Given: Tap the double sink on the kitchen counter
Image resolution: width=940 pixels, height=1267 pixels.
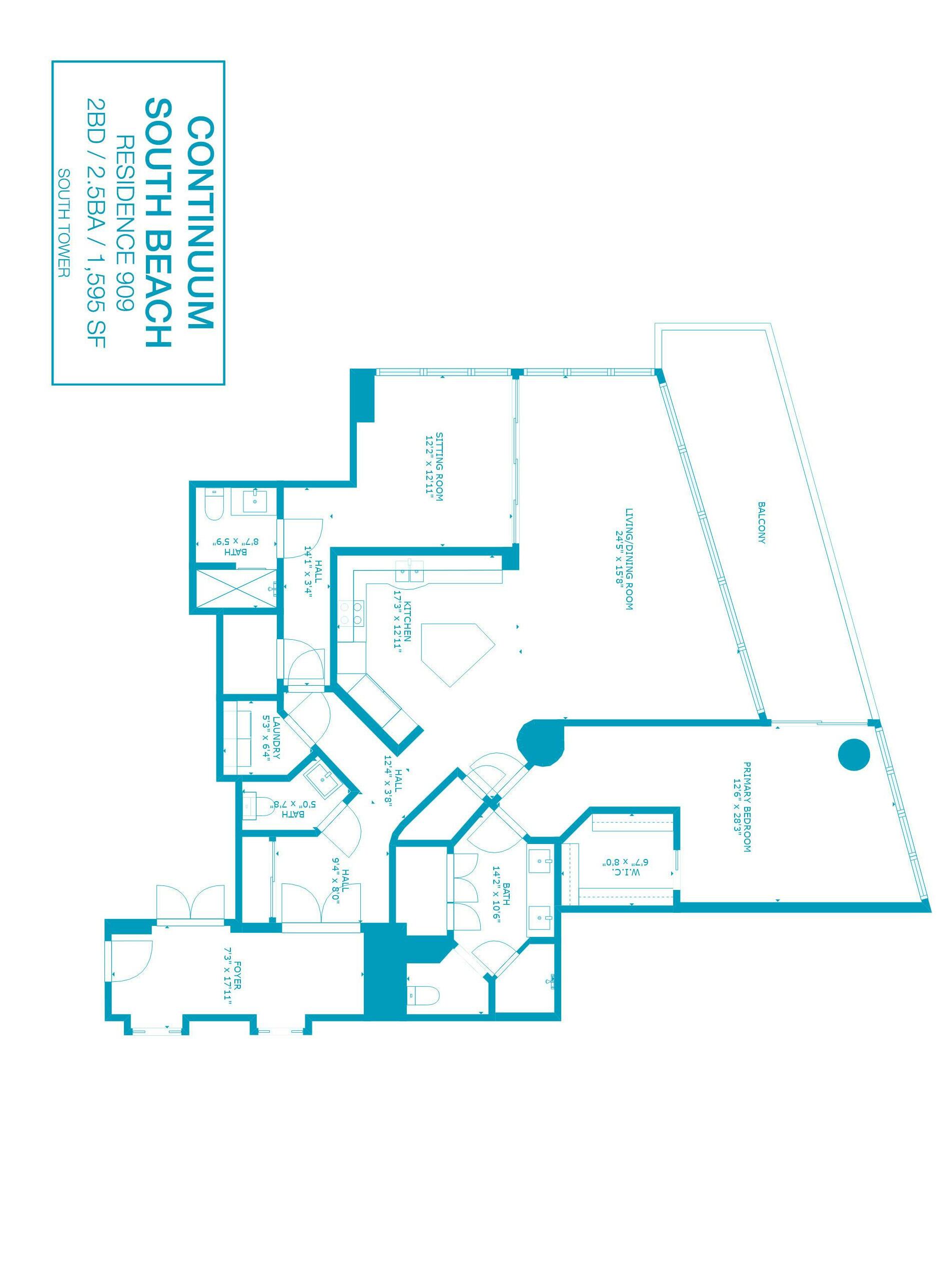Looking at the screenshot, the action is [x=410, y=571].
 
